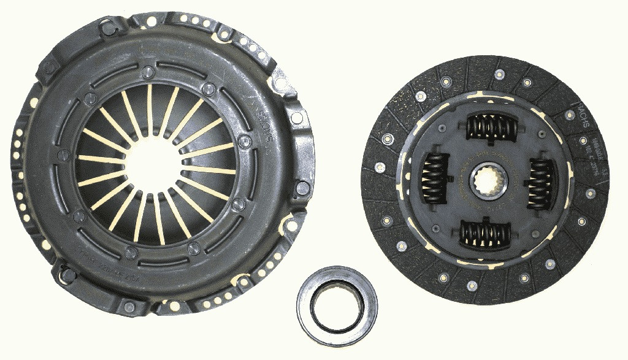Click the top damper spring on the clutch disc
[491, 128]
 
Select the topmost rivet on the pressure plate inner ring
[147, 72]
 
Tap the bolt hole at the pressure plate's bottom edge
[128, 307]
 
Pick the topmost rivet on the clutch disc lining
[500, 74]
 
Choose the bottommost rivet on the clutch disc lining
[472, 286]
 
